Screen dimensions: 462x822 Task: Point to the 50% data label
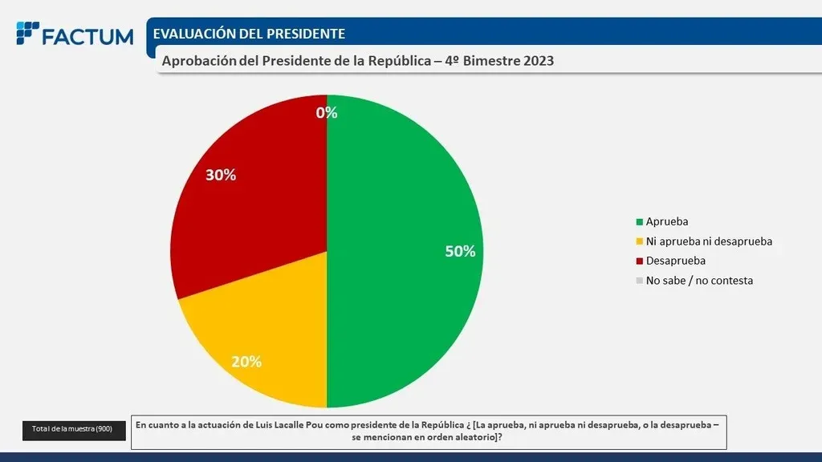(460, 251)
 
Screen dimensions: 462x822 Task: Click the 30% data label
(221, 174)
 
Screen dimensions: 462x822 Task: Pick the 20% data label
(246, 361)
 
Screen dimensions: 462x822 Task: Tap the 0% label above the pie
(327, 112)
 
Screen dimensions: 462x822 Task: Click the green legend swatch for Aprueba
(639, 221)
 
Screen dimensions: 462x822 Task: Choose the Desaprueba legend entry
(675, 261)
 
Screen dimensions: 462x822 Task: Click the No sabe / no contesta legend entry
(699, 281)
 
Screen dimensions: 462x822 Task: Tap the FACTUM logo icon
(27, 34)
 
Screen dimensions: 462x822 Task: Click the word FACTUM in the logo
(87, 36)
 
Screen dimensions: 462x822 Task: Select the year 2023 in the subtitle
(538, 61)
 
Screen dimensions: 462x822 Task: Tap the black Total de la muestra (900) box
(74, 430)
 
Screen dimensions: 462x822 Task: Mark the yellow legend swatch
(639, 241)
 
